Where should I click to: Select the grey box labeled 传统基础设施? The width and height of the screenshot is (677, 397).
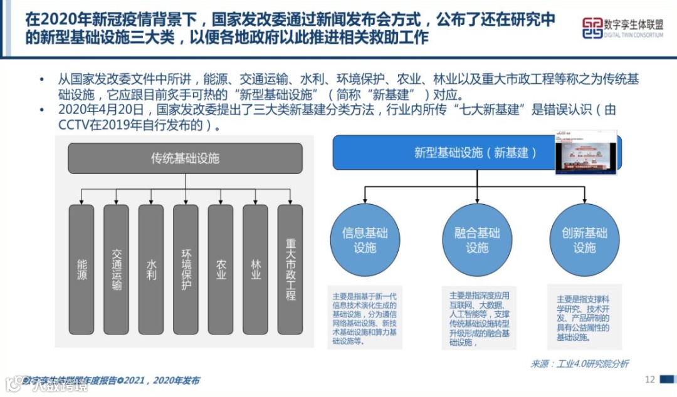tap(185, 158)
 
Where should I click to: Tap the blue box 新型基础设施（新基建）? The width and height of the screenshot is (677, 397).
tap(444, 152)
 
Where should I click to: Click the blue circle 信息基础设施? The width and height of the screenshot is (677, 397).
tap(365, 240)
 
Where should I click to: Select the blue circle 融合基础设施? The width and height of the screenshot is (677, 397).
tap(477, 240)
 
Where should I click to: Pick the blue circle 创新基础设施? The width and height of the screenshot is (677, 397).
tap(584, 240)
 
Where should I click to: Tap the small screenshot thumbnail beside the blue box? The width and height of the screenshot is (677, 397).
tap(586, 152)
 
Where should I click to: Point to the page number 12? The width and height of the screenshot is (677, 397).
tap(649, 379)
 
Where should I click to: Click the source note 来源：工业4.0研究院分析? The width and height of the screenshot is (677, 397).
tap(579, 363)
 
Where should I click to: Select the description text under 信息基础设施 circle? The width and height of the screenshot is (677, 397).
tap(365, 319)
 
